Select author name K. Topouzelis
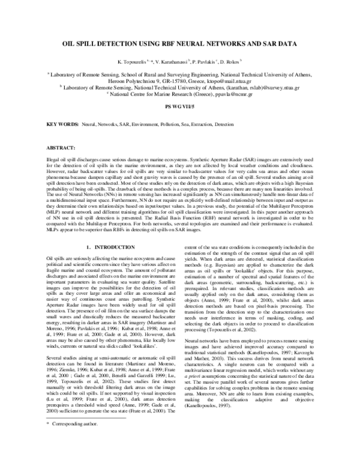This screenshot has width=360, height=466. point(132,62)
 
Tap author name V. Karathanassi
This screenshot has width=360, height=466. point(172,62)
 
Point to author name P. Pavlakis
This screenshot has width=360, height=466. point(208,62)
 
